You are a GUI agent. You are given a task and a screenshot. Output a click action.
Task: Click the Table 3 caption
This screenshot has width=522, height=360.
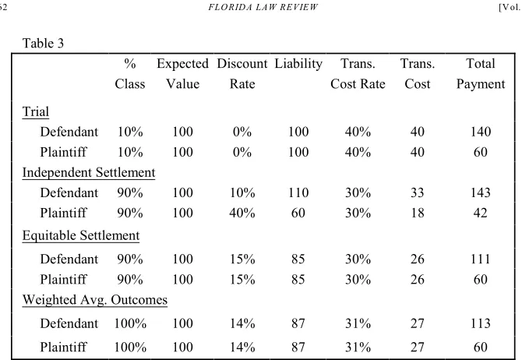point(43,44)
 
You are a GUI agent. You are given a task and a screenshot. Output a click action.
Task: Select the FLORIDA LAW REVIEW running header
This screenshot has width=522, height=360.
point(263,7)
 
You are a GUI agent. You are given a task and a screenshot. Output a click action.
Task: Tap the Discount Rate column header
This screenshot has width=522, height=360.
point(242,73)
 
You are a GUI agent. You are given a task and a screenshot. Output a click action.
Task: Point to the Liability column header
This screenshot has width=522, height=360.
point(298,64)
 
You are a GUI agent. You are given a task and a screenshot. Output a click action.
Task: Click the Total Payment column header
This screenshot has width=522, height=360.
point(481,73)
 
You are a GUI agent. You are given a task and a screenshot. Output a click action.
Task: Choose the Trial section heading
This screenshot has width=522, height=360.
point(36,111)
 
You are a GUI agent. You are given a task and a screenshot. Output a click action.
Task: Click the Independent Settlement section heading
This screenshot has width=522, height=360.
point(89,172)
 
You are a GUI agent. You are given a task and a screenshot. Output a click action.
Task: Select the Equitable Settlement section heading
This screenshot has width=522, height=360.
point(81,235)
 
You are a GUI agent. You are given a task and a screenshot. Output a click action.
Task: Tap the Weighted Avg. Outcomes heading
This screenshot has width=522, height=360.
point(95,300)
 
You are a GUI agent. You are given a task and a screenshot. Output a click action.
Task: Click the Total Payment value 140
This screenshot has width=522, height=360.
point(481,132)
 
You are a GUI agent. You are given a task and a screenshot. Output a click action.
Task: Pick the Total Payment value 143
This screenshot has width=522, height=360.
point(481,192)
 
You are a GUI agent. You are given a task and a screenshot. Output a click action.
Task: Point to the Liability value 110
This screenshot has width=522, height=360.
point(298,192)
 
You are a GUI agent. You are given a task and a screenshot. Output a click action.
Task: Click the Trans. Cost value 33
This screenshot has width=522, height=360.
point(417,192)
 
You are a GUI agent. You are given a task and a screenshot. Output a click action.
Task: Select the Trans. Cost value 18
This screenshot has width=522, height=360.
point(417,213)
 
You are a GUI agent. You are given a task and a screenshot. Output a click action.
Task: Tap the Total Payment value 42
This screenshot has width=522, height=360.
point(481,213)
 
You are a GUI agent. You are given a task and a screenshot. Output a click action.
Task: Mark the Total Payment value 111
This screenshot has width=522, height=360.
point(481,259)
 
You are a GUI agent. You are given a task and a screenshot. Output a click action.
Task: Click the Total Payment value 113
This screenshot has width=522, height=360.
point(481,323)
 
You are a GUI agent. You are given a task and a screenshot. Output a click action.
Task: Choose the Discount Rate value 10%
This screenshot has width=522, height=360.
point(242,192)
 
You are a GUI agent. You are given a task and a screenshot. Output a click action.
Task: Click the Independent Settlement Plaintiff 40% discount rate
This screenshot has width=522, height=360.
point(242,213)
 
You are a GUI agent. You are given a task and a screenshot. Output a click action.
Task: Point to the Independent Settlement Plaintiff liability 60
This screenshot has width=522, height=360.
point(298,213)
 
